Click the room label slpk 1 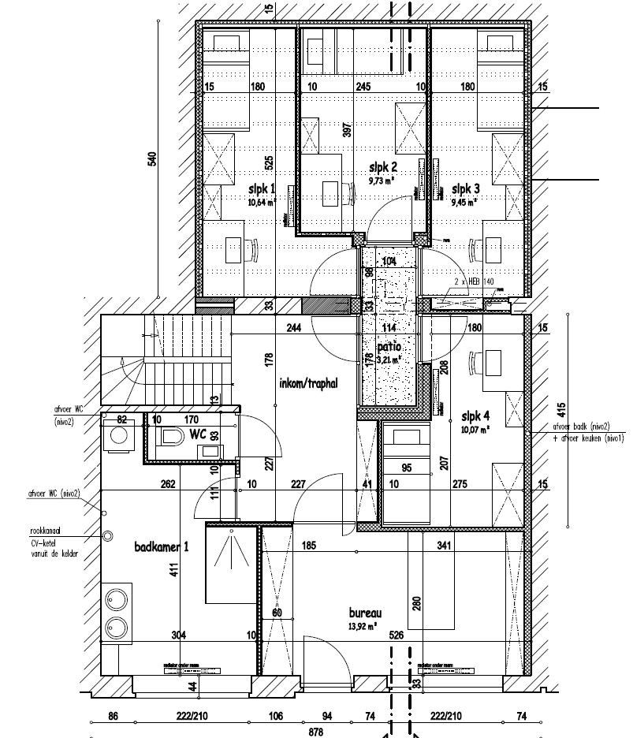click(262, 189)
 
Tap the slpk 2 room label click(383, 167)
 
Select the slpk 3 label click(465, 189)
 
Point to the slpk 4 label click(475, 416)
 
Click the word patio click(388, 346)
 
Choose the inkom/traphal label click(308, 384)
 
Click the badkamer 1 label click(162, 547)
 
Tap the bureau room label click(366, 613)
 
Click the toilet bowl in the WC click(171, 436)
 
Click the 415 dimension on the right click(560, 410)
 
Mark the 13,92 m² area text click(363, 626)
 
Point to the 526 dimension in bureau click(397, 635)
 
